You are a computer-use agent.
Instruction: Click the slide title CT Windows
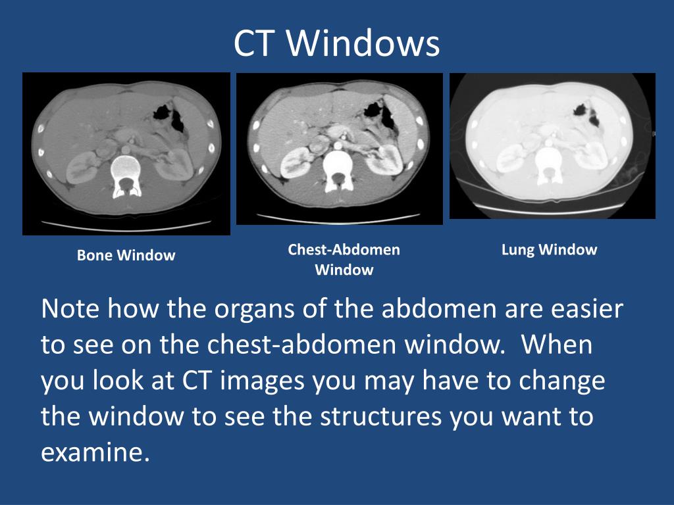(336, 44)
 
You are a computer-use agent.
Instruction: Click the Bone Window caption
(126, 256)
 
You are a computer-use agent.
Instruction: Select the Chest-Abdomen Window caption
(344, 260)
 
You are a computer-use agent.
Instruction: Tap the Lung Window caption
(549, 250)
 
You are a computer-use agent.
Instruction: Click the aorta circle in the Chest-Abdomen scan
(339, 143)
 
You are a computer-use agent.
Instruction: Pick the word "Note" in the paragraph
(69, 309)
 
